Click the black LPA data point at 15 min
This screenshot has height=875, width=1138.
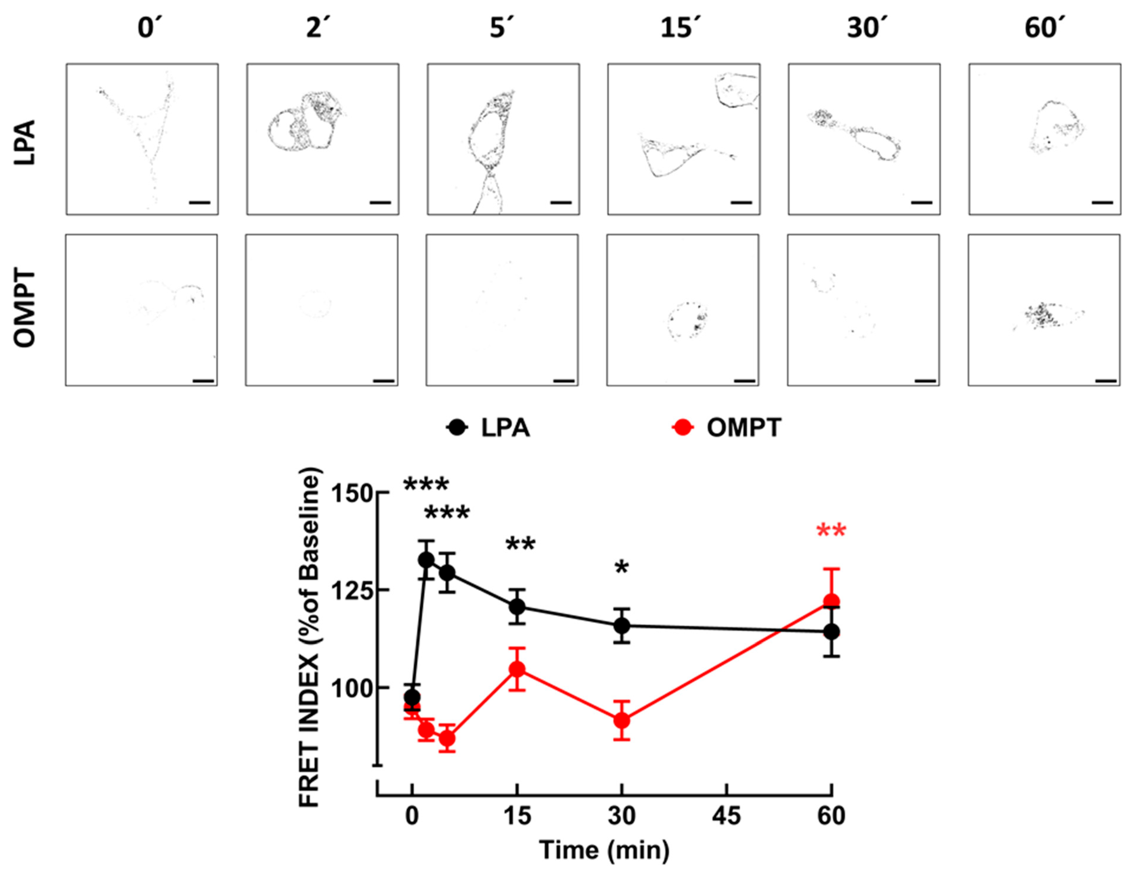517,607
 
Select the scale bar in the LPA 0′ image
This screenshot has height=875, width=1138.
199,202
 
